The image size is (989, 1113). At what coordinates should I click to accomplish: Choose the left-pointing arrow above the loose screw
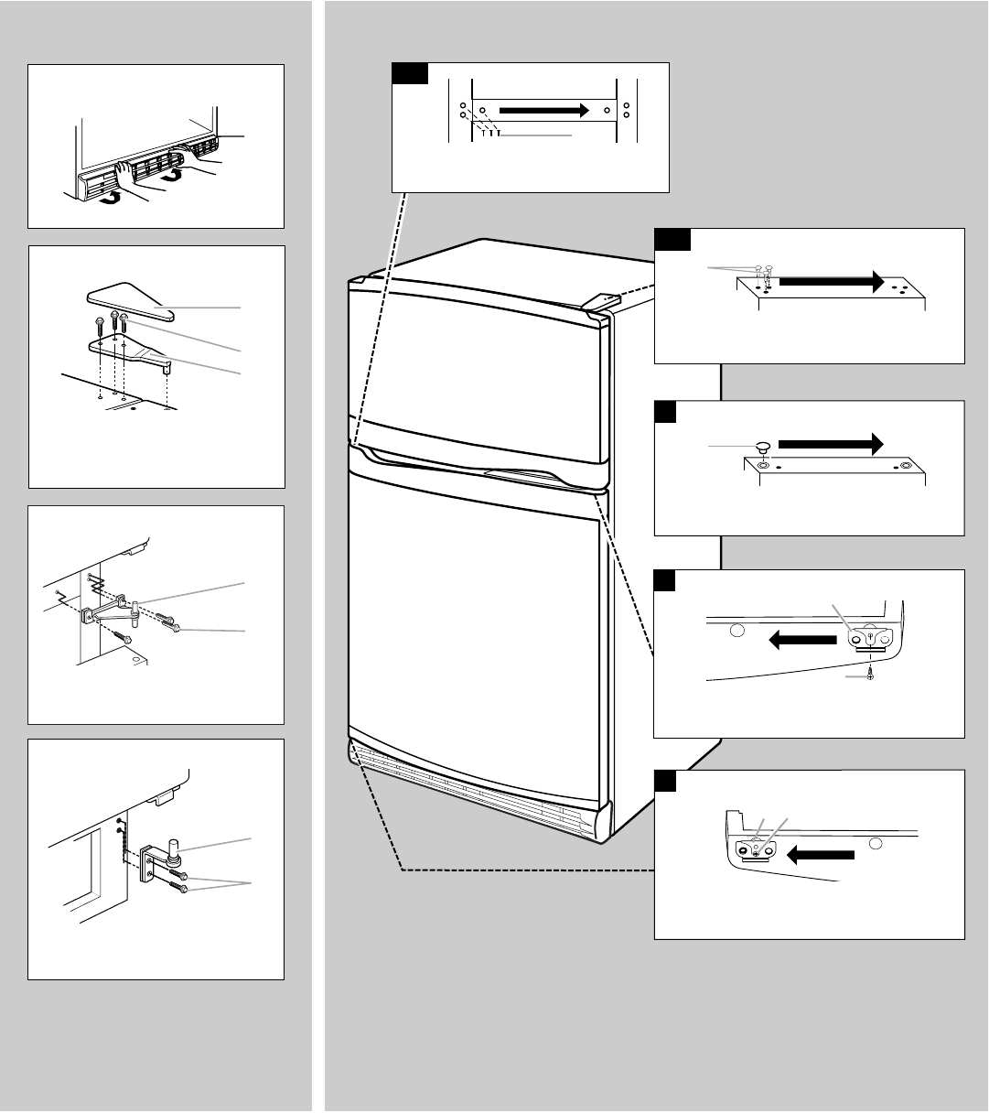(x=802, y=643)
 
